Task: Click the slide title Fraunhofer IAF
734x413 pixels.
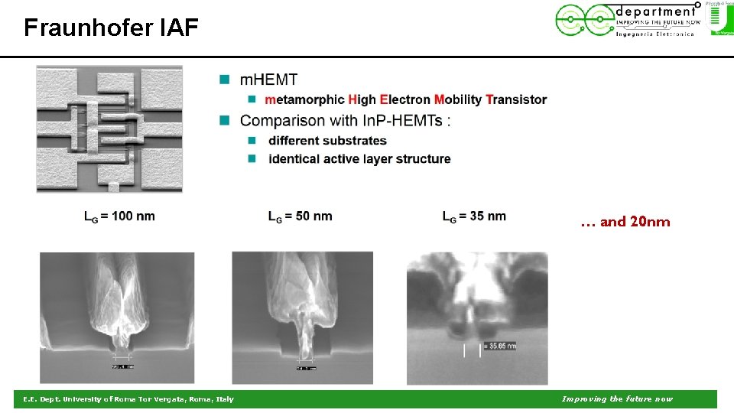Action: (x=111, y=28)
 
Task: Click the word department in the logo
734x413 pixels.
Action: (x=656, y=11)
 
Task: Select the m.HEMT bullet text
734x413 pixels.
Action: (x=268, y=80)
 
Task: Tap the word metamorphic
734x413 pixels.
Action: (x=304, y=99)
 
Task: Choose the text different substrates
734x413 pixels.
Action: (x=327, y=141)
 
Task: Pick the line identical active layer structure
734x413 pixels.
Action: (x=359, y=159)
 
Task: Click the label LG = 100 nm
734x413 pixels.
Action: (x=119, y=216)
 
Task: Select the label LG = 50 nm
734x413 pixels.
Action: (x=300, y=216)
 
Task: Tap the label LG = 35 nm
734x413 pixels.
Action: (x=474, y=216)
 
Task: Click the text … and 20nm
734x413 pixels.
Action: (x=625, y=223)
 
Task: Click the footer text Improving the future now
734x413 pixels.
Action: (x=617, y=399)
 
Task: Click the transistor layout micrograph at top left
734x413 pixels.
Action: (x=109, y=128)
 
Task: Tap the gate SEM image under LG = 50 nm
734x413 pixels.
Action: (x=302, y=317)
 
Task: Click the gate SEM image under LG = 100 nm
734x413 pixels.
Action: (x=116, y=317)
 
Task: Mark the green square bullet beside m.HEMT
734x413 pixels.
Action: (x=225, y=80)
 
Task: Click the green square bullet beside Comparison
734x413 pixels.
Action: (x=225, y=121)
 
